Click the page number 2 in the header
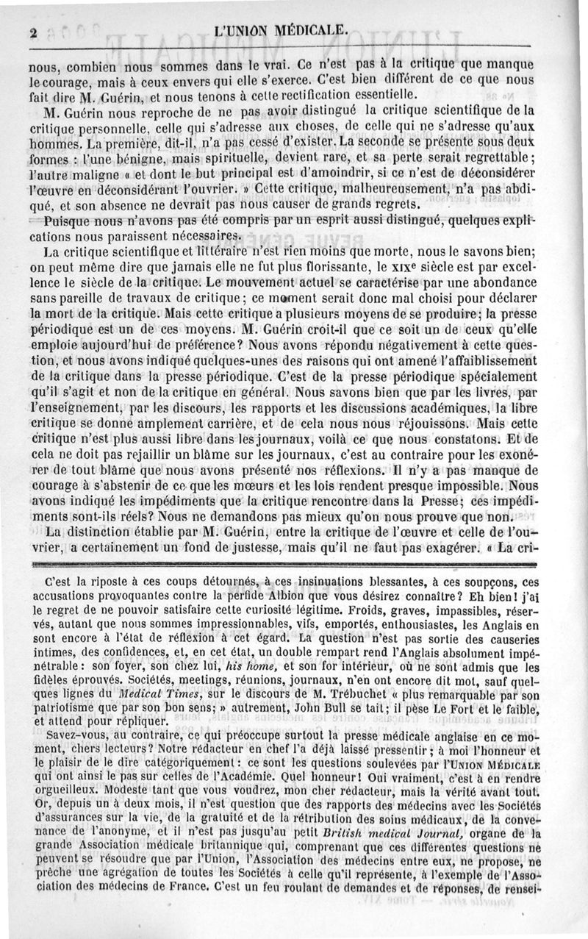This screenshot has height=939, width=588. click(x=34, y=32)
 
